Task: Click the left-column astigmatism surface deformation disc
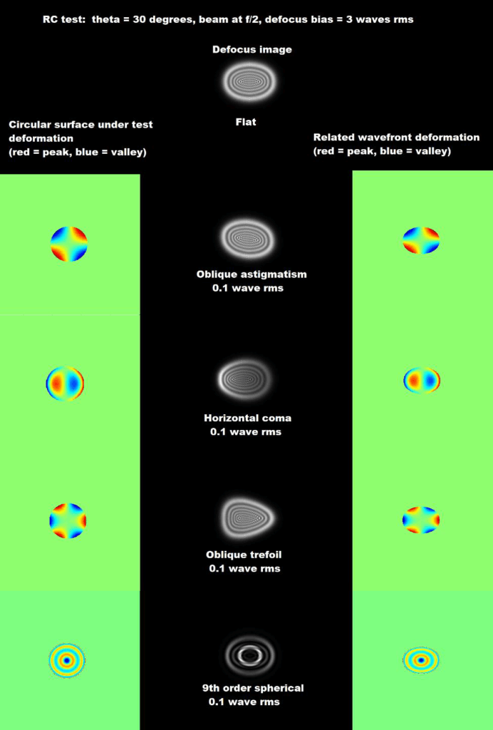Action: tap(68, 244)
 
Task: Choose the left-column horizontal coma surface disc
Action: tap(65, 383)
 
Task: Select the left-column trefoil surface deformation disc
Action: tap(68, 520)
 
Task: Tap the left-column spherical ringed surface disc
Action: tap(66, 660)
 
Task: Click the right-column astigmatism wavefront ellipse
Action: tap(421, 240)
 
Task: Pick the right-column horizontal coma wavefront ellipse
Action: tap(422, 380)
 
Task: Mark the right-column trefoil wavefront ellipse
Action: tap(421, 520)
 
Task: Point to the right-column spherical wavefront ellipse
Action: tap(421, 660)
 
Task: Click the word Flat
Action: tap(246, 122)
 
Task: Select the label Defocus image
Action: tap(252, 49)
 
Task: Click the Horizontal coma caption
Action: tap(247, 418)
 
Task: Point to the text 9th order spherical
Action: tap(253, 688)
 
